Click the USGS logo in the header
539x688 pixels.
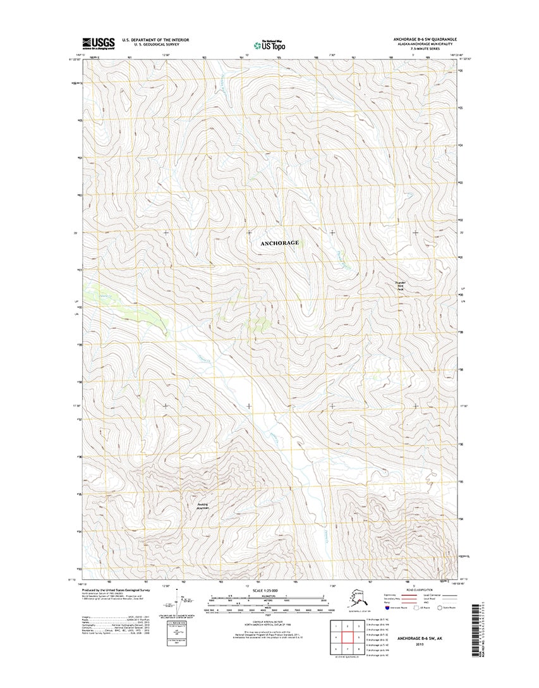coord(97,43)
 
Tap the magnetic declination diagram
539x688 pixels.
coord(181,606)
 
